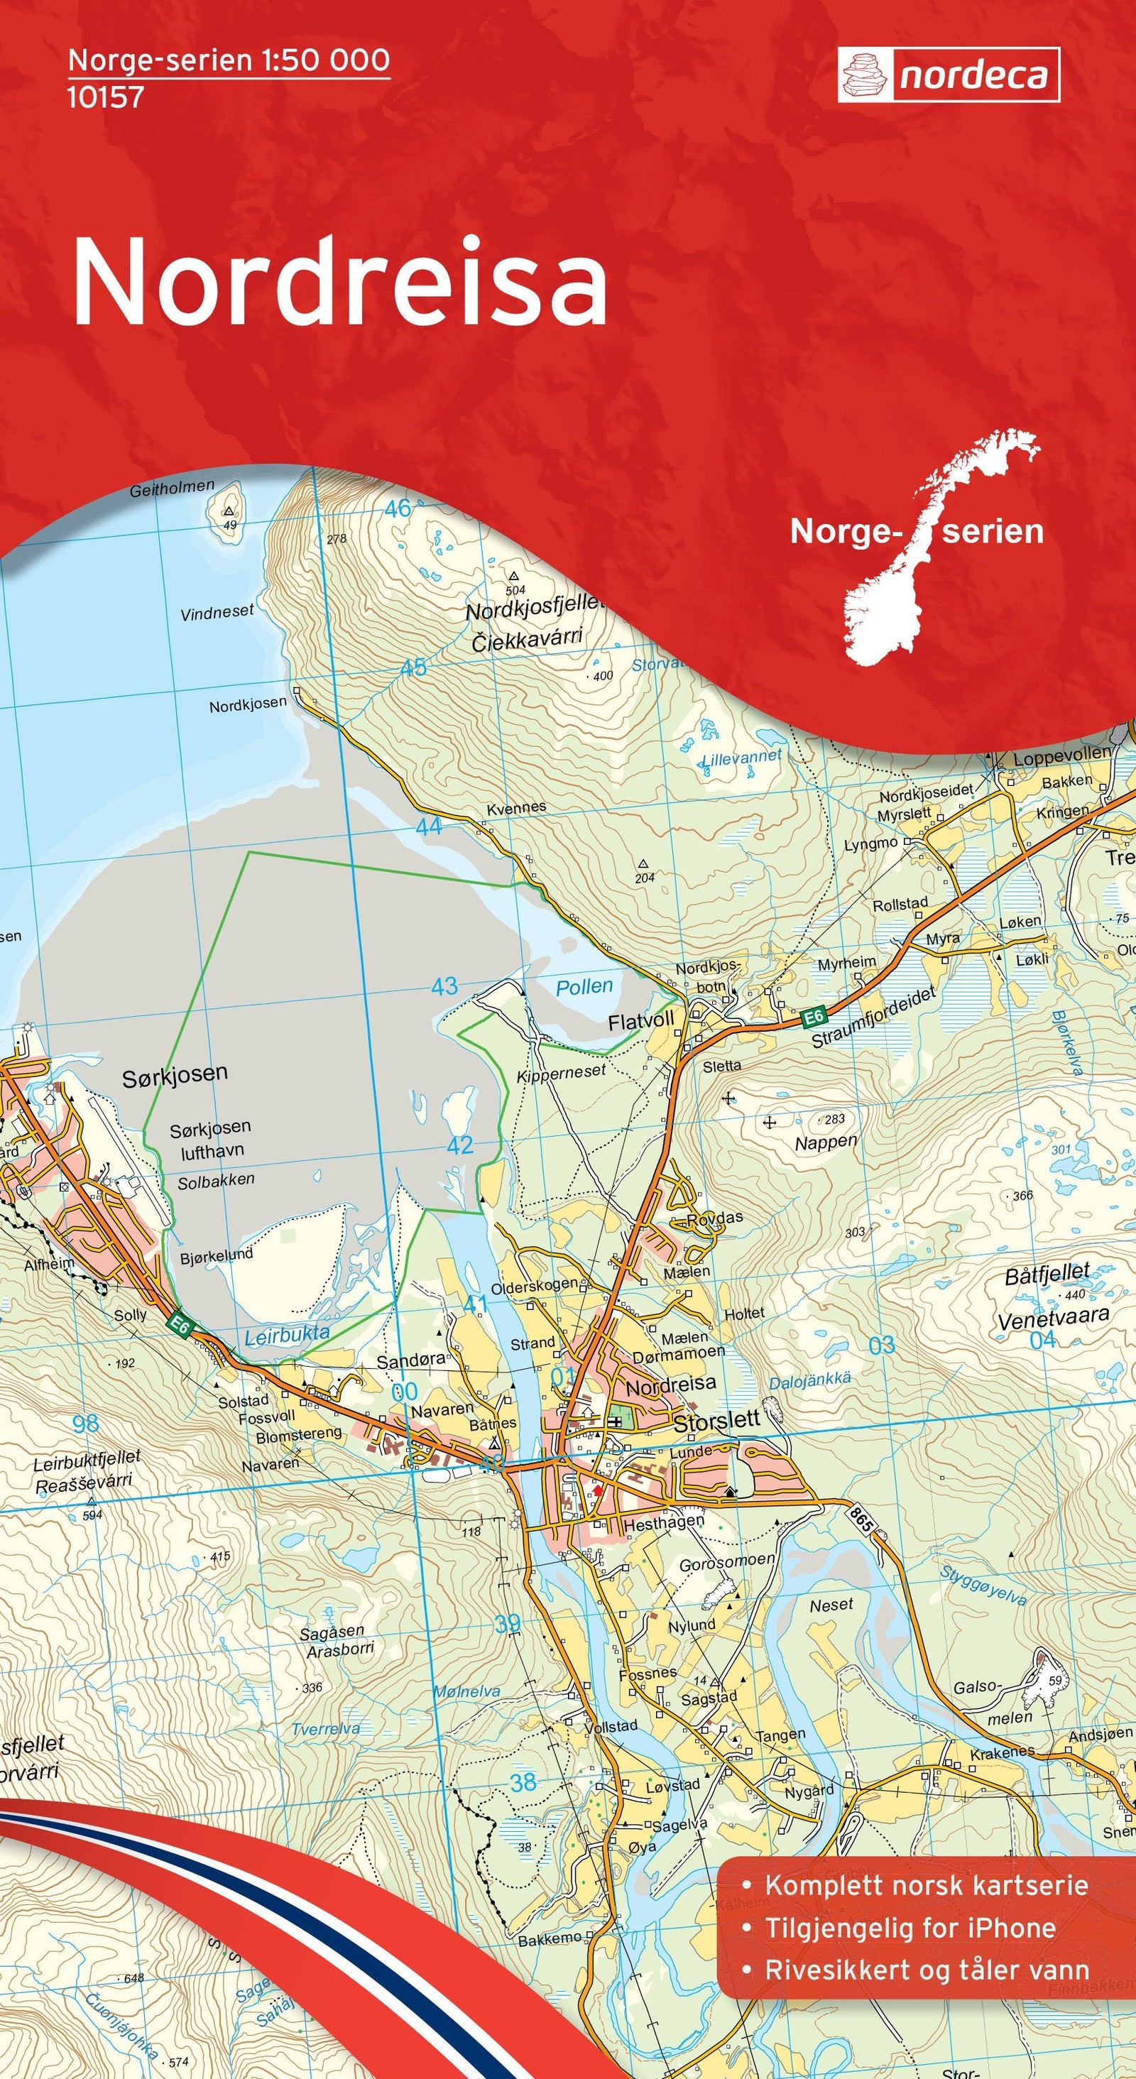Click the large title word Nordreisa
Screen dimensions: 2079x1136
point(339,283)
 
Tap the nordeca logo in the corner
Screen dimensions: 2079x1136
point(948,75)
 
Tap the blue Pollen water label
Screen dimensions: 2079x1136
point(584,986)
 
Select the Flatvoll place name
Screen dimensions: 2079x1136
point(640,1022)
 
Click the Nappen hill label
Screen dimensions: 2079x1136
point(825,1142)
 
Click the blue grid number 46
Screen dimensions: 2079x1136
point(398,508)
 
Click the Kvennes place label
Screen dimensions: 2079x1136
point(516,807)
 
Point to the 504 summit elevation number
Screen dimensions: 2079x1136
point(515,590)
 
